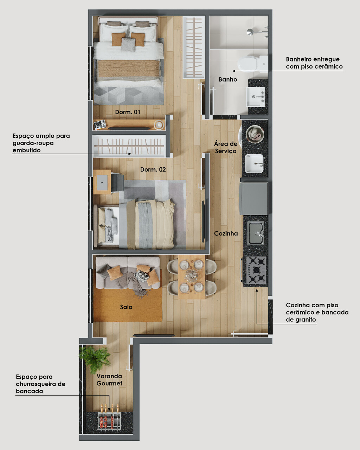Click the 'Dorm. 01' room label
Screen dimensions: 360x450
[127, 112]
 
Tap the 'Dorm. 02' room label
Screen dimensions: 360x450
[153, 169]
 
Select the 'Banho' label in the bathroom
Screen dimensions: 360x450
[228, 79]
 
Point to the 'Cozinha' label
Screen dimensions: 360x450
[226, 233]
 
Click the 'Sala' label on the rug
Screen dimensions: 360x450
[126, 307]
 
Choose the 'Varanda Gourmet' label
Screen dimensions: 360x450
[109, 380]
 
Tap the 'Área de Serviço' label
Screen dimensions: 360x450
[226, 147]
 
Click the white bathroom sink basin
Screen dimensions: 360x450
[256, 97]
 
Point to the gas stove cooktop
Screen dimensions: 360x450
[257, 270]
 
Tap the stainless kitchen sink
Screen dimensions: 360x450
[256, 233]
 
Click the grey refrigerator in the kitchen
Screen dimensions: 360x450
[254, 199]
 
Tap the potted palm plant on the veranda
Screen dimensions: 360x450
[95, 359]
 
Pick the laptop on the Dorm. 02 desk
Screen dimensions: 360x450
[102, 182]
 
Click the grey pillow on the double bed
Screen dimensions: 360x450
[128, 44]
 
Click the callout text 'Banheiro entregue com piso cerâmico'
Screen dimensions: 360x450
[314, 63]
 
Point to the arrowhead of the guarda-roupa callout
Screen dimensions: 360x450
[130, 154]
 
